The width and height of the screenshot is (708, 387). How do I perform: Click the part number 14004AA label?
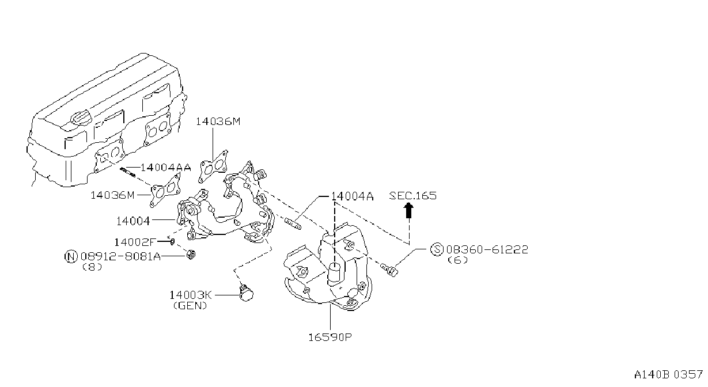166,168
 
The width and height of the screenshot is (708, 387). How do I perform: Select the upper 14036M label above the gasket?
218,122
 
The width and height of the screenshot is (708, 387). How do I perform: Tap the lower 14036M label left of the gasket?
112,195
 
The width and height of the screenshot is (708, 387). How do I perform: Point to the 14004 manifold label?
133,221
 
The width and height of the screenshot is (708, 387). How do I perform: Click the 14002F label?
135,242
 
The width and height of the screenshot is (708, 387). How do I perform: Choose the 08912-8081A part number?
120,256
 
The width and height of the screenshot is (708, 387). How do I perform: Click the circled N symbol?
71,256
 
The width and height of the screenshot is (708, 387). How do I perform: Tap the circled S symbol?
437,249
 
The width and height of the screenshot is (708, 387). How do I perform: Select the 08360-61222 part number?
487,249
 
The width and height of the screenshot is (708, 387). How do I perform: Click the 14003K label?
191,295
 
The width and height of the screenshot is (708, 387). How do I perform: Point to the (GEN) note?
190,305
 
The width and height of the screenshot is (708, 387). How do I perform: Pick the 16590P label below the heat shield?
330,337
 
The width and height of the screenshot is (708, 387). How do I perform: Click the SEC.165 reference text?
413,196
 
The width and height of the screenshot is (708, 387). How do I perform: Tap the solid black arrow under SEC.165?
409,210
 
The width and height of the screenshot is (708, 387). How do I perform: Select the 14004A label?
353,196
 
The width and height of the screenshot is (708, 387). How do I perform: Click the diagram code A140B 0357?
668,375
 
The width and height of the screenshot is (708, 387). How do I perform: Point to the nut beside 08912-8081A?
191,255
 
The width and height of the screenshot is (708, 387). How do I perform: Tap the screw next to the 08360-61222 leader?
389,270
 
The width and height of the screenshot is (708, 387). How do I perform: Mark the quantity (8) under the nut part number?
92,267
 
